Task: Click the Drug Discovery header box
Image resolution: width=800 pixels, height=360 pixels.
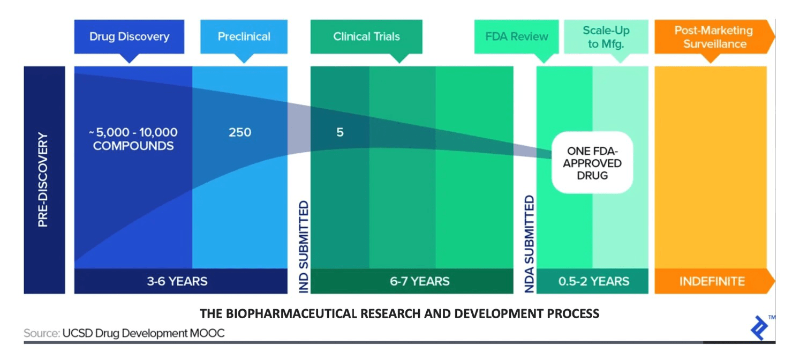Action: coord(129,37)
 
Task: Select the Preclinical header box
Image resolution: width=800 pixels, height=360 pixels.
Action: coord(244,37)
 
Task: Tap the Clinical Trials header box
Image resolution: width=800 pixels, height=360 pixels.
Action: coord(366,37)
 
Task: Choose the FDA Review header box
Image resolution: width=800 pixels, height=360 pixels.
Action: coord(516,37)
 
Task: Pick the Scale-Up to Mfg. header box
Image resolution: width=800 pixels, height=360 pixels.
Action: coord(606,37)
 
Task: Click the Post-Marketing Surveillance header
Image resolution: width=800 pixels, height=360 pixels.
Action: coord(713,37)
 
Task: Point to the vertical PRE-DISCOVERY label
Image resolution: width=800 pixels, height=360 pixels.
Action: coord(43,179)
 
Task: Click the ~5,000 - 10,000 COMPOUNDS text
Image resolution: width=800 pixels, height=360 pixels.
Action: coord(133,139)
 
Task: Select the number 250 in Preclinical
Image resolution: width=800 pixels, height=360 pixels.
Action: coord(239,132)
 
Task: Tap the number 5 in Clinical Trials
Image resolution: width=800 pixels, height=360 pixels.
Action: coord(340,132)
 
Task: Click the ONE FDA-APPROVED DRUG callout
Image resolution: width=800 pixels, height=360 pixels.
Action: coord(593,163)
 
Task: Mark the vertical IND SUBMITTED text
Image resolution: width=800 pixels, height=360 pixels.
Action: coord(304,246)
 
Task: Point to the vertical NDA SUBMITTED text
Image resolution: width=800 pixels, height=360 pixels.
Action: coord(529,244)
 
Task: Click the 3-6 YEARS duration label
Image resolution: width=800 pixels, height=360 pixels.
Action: coord(177,281)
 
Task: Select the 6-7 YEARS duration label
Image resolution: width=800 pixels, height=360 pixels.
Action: coord(419,281)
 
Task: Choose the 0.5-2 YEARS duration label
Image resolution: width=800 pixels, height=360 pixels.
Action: coord(594,281)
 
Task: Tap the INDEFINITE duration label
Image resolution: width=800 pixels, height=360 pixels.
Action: coord(712,281)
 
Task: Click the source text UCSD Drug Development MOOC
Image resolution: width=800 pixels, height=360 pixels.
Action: coord(143,333)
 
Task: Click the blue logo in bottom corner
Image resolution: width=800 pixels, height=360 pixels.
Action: coord(759,328)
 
